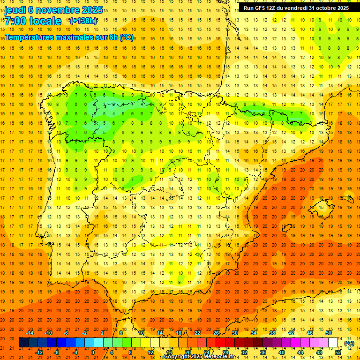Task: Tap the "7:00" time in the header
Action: tap(15, 21)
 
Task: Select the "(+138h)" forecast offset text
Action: tap(83, 21)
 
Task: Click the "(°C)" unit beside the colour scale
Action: tap(349, 343)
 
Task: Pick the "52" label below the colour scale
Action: tap(338, 352)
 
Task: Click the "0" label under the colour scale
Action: tap(93, 352)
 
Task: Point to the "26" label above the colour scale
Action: tap(216, 332)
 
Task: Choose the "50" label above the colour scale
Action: tap(329, 332)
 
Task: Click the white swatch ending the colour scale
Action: tap(333, 343)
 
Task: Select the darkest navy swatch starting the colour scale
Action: tap(23, 343)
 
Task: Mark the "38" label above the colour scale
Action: tap(272, 332)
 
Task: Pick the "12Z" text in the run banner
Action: tap(275, 8)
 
